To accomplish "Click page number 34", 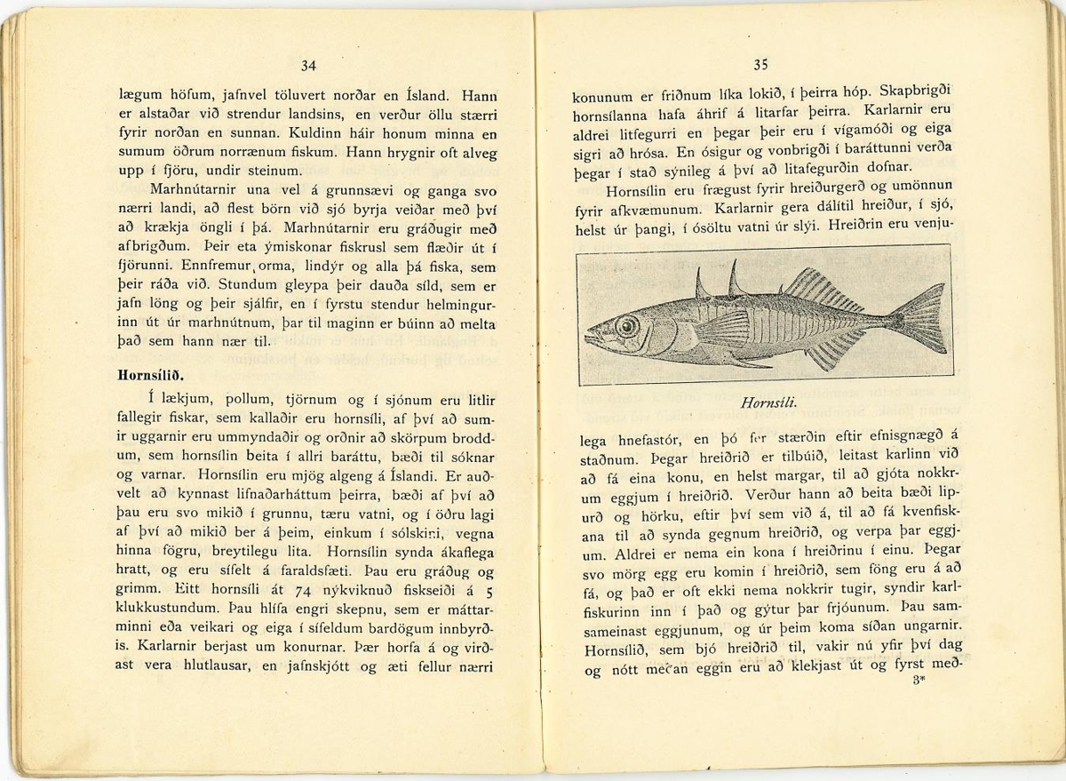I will click(308, 65).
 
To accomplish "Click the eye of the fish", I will click(627, 326).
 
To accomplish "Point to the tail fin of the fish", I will click(919, 317).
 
